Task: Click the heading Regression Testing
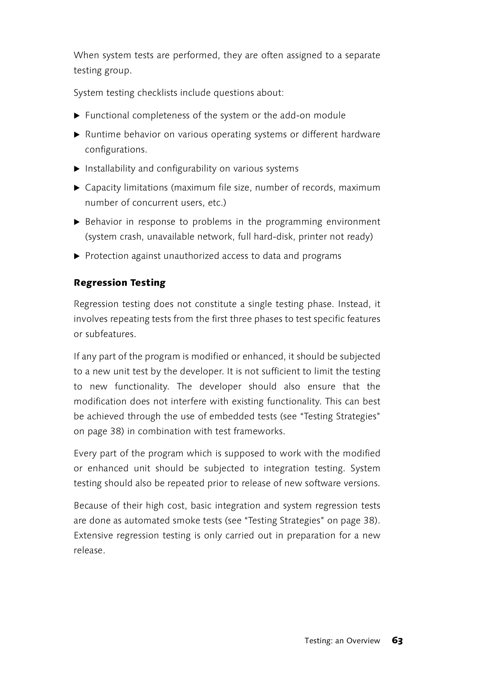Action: (120, 283)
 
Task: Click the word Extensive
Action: (93, 536)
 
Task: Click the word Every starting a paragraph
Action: (85, 453)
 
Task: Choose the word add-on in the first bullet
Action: (295, 115)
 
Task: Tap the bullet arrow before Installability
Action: (77, 169)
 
